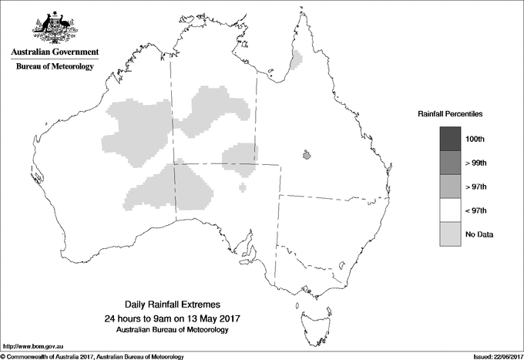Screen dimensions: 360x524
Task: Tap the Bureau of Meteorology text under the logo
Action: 55,67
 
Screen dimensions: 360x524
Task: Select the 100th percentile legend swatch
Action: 450,139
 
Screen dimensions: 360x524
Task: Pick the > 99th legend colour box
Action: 450,163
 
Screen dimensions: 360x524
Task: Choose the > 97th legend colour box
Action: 450,187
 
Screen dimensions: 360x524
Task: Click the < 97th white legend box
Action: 450,210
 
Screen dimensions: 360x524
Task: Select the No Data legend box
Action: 450,234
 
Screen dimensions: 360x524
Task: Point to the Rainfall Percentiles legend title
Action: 450,114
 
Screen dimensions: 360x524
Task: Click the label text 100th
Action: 475,140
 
